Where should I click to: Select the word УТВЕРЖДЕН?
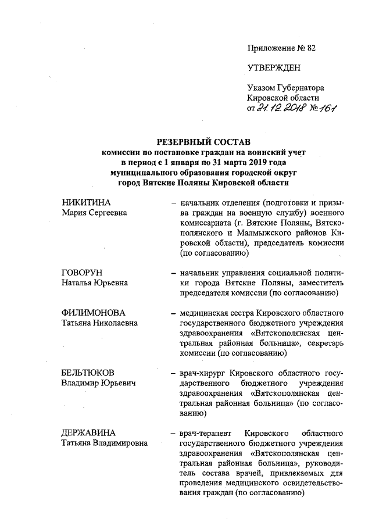coord(274,67)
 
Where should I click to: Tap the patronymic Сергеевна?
coord(106,213)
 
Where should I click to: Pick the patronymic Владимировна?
coord(121,443)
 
